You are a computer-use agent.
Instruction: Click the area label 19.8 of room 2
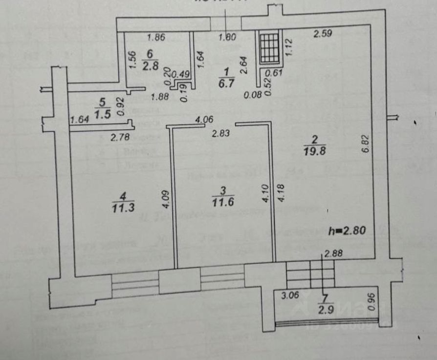point(314,151)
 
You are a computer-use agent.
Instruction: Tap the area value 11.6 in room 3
point(222,200)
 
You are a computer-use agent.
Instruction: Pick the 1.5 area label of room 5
point(102,113)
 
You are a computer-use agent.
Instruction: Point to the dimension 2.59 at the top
point(323,34)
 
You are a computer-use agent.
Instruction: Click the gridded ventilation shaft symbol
point(269,47)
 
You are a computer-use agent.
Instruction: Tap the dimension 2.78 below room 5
point(120,138)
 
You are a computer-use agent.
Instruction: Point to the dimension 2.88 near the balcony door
point(333,253)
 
